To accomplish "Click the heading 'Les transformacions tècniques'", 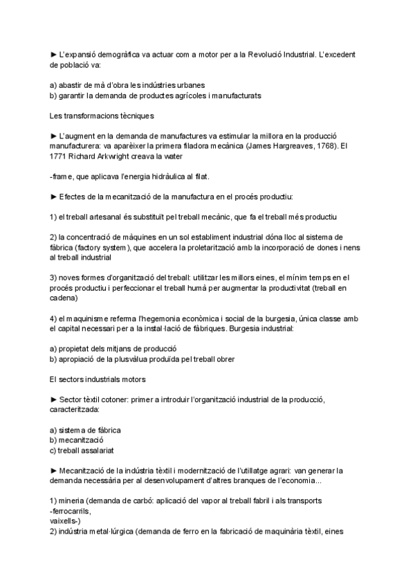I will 102,115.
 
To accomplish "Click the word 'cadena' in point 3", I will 64,298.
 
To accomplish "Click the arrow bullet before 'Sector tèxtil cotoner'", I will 54,399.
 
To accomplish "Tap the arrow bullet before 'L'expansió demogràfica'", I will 54,53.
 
